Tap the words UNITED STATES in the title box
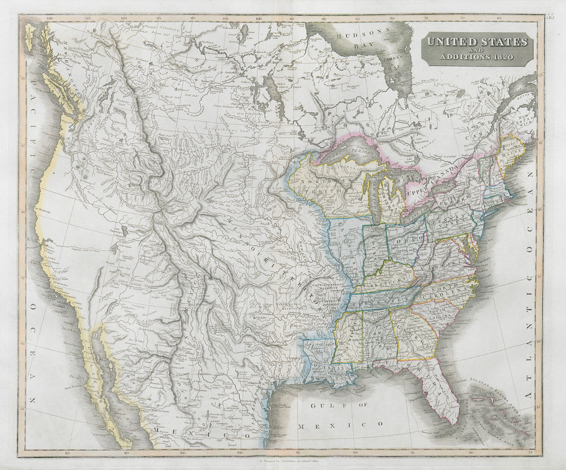tap(477, 41)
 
